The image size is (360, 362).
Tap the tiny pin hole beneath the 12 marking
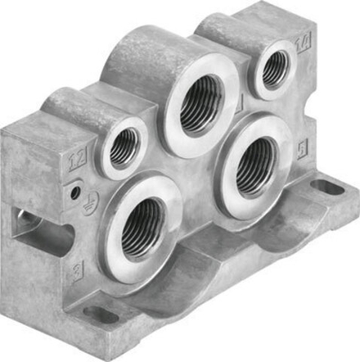pyautogui.click(x=75, y=191)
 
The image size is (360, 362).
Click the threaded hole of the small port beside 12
pyautogui.click(x=124, y=147)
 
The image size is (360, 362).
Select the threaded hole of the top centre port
pyautogui.click(x=198, y=106)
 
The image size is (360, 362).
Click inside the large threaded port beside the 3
pyautogui.click(x=144, y=229)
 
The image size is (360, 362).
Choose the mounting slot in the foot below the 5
pyautogui.click(x=326, y=187)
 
